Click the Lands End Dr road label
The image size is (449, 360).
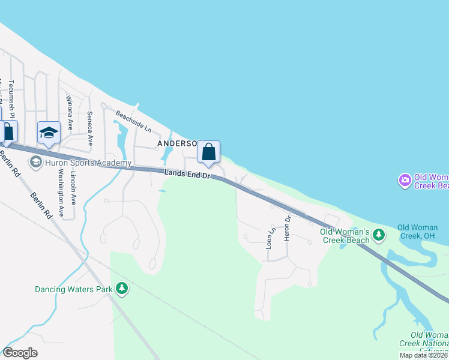point(186,175)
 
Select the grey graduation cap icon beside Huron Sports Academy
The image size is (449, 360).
point(36,162)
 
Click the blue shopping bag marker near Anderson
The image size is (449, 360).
point(208,152)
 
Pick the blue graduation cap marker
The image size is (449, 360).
point(49,133)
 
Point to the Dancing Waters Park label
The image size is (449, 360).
point(73,289)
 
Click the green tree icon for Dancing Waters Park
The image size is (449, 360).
point(122,289)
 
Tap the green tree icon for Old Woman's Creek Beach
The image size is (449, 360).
point(378,235)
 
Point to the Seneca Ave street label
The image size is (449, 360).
point(90,128)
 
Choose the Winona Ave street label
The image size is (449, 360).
point(70,113)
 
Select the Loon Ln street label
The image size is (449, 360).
point(270,238)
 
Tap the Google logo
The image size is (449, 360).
point(20,353)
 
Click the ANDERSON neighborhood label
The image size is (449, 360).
point(178,144)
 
